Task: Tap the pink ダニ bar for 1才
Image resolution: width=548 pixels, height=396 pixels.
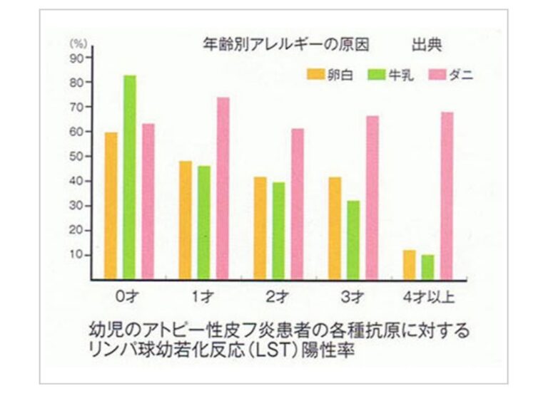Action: [223, 188]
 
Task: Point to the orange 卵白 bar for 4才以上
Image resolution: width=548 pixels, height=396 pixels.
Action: [409, 264]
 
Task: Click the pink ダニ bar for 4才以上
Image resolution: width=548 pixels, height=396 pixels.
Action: [447, 195]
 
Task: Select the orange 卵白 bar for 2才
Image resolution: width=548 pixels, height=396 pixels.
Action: [260, 227]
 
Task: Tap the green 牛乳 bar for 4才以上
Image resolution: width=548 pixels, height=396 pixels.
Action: [427, 266]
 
